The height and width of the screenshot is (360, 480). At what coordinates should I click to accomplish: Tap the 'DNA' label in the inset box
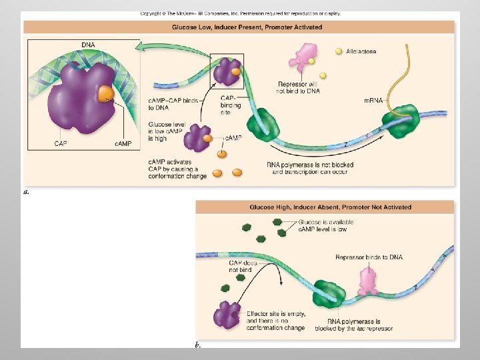pos(88,45)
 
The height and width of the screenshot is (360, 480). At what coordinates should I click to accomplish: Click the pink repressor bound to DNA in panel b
pos(368,281)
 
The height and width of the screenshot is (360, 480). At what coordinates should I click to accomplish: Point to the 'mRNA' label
pos(373,101)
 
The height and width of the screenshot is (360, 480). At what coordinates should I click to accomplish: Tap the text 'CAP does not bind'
pos(242,267)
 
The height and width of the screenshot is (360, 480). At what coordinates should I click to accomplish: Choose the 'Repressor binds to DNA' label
pos(369,257)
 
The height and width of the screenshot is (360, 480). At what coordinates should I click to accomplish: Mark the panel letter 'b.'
pos(198,345)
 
